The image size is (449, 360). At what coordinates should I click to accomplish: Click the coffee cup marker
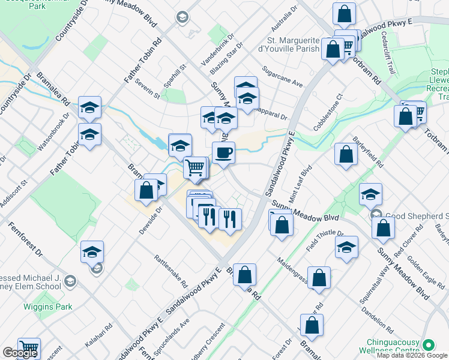click(223, 152)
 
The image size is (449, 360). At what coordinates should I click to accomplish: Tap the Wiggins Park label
click(47, 307)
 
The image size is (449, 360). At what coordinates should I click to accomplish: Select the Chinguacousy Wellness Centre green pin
click(428, 345)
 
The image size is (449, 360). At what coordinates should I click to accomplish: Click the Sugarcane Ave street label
click(282, 81)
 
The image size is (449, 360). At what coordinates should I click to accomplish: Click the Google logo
click(20, 353)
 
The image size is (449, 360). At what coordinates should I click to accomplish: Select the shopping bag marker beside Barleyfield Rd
click(346, 155)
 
